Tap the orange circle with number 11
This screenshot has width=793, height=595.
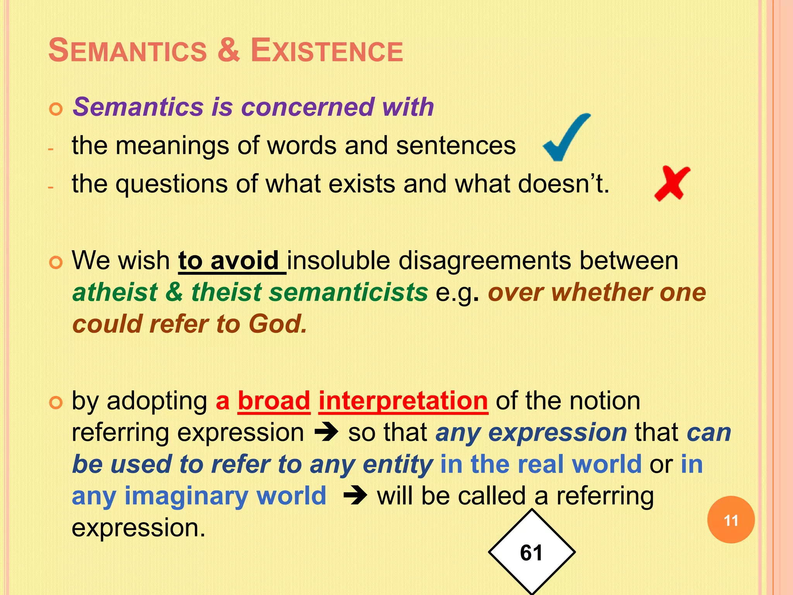pos(731,520)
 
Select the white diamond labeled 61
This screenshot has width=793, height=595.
pos(532,552)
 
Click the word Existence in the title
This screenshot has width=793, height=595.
pos(327,51)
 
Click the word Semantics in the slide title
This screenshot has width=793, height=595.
pos(128,51)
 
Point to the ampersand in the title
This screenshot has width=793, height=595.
pos(228,51)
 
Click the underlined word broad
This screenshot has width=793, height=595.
pos(274,401)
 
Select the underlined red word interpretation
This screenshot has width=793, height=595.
pos(403,401)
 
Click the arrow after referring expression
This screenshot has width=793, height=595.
pos(326,432)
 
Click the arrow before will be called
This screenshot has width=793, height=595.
pos(355,496)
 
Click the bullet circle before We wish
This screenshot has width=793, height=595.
pos(56,263)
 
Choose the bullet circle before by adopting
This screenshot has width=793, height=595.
pos(56,403)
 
